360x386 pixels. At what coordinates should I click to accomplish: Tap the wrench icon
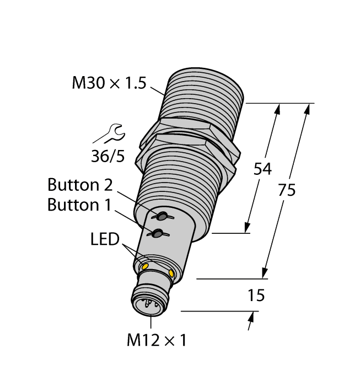tap(108, 133)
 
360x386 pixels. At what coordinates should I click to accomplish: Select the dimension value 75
tap(286, 190)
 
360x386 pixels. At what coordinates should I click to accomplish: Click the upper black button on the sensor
tap(163, 215)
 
